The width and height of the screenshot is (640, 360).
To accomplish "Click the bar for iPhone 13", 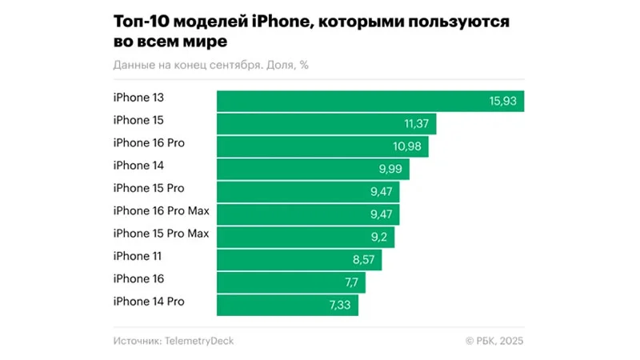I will pos(370,101).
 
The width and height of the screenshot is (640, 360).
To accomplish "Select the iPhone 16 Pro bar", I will pos(322,146).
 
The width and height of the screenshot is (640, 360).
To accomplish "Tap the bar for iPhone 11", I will pos(299,259).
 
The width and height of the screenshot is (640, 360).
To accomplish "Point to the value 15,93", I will pos(503,101).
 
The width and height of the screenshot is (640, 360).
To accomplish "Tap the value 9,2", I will pos(381,237).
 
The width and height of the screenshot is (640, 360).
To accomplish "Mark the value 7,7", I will pos(352,282).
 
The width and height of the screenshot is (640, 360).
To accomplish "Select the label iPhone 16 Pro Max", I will pos(161,211).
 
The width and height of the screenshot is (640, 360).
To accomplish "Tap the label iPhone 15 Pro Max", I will pos(161,234).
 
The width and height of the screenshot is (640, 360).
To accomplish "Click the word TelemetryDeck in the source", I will pos(199,341).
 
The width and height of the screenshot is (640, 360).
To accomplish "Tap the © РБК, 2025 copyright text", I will pos(494,341).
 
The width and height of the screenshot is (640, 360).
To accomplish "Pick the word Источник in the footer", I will pos(136,341).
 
